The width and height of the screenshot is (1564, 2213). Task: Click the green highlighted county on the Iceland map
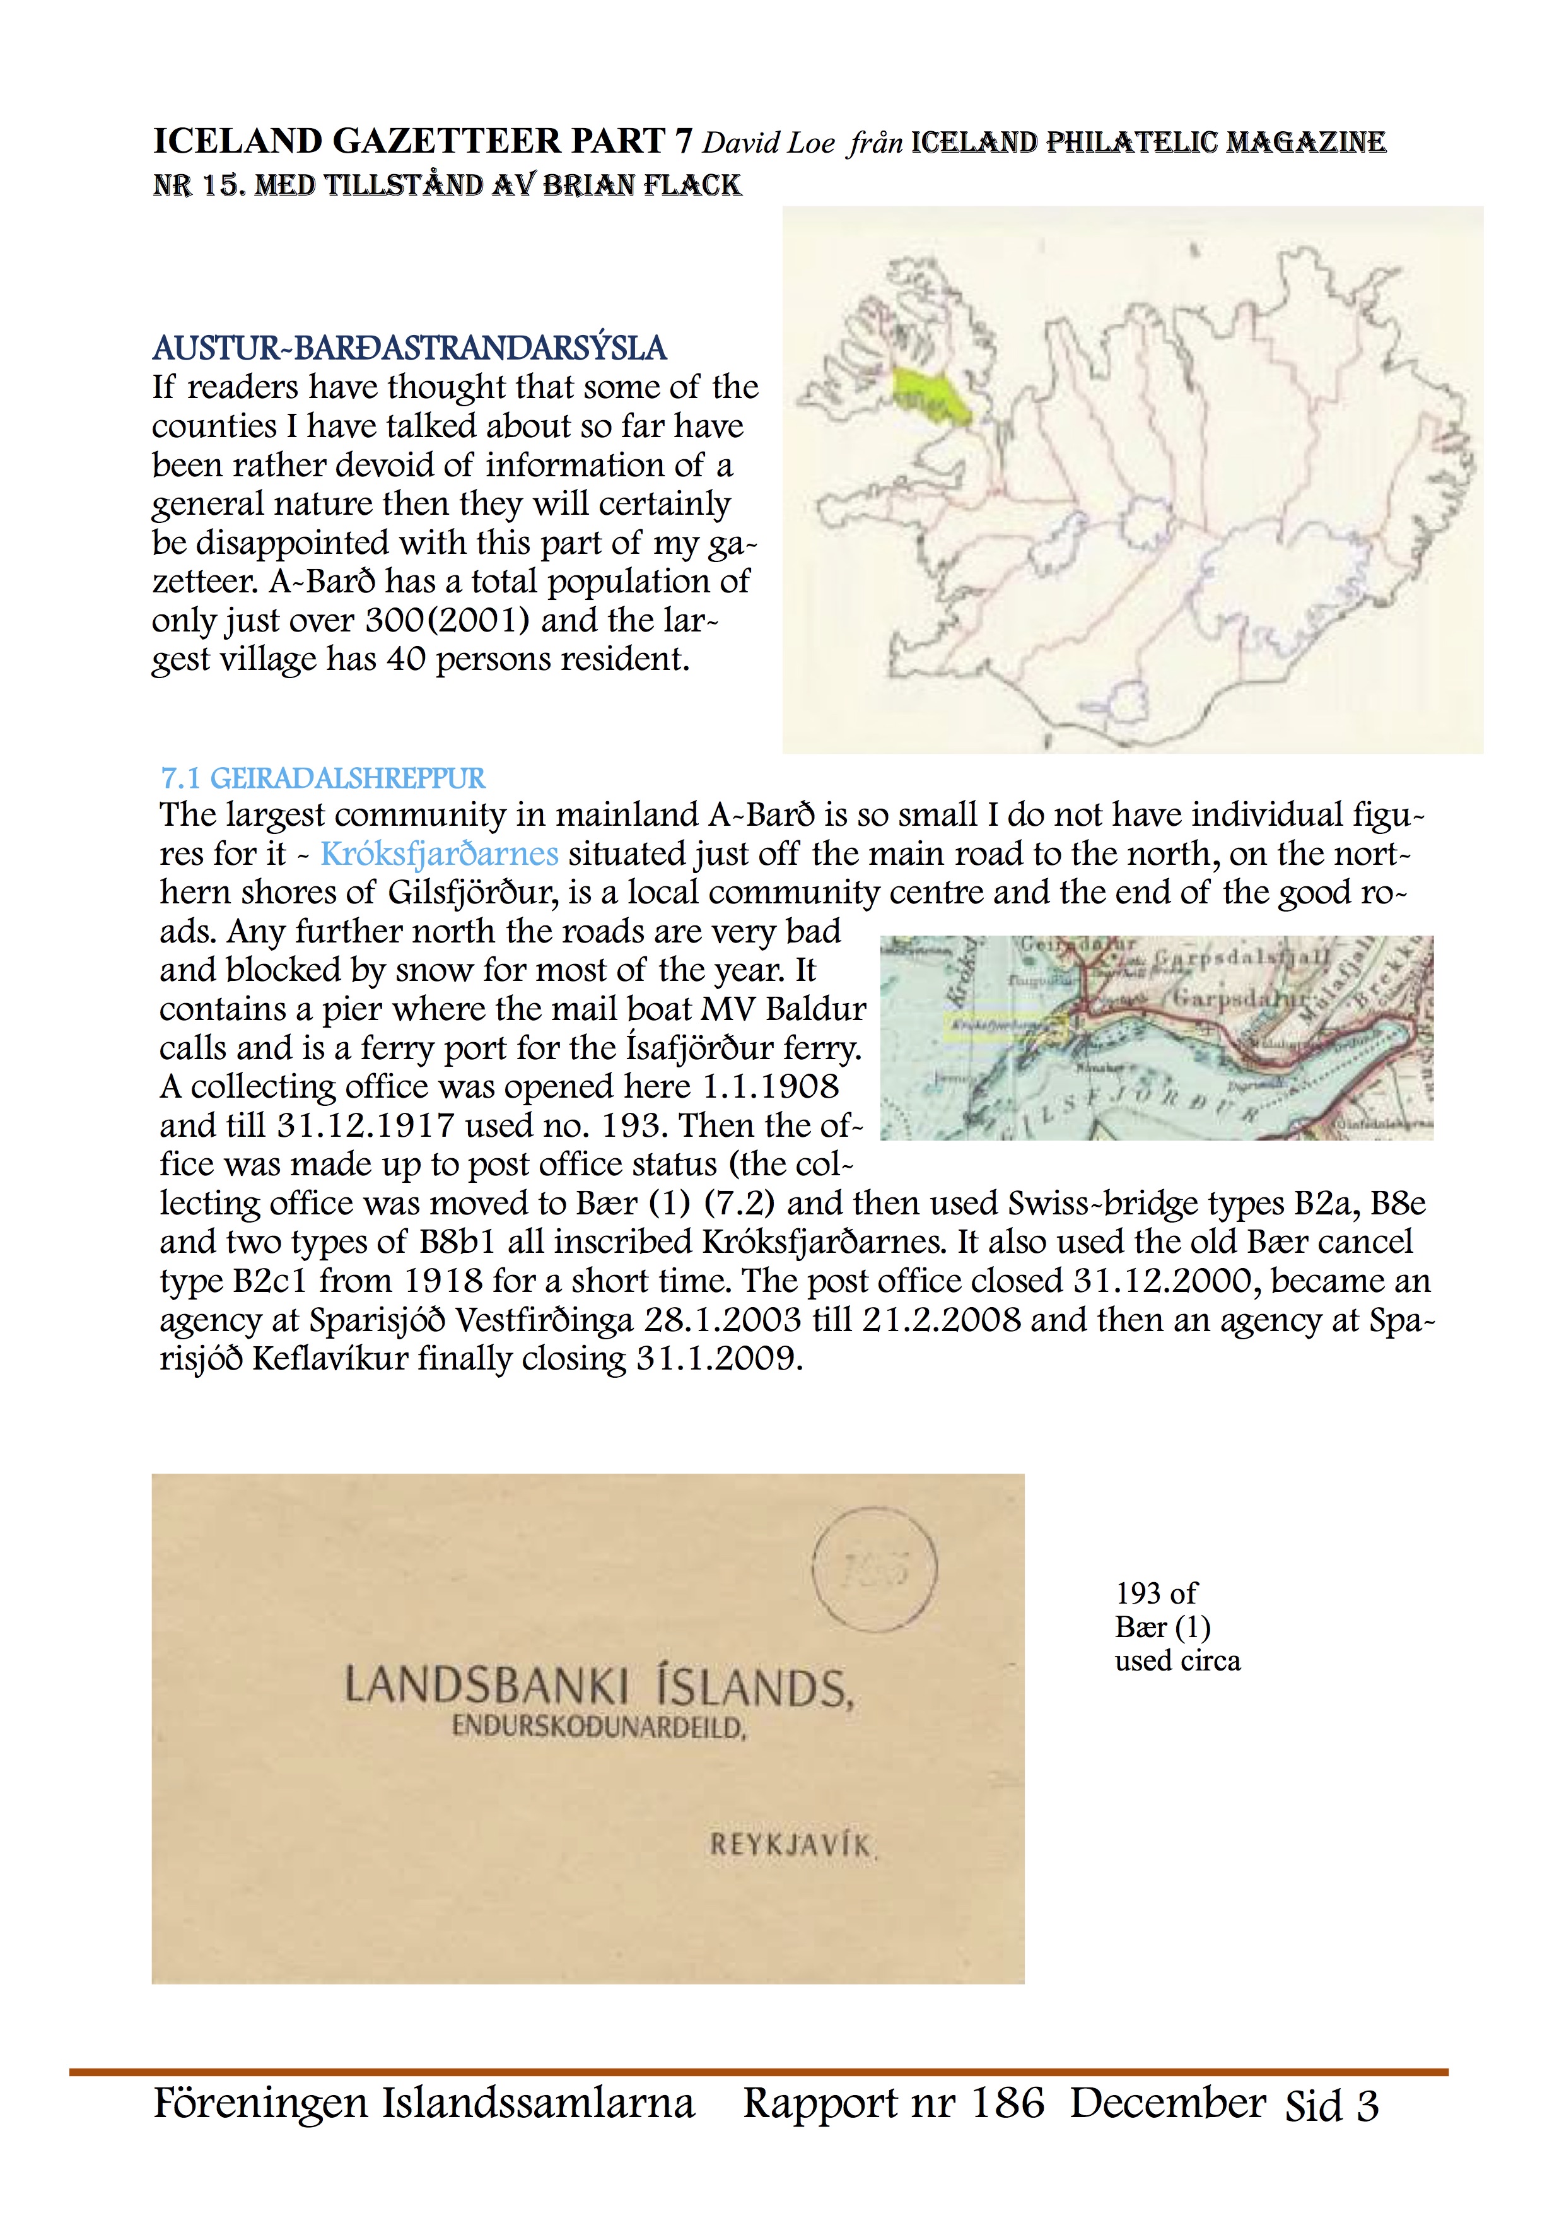click(x=930, y=395)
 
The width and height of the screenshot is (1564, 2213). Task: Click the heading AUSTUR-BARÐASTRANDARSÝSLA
click(x=409, y=348)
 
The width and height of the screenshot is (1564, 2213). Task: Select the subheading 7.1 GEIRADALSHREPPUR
click(x=323, y=778)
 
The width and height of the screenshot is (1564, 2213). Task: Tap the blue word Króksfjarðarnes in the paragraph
click(x=438, y=854)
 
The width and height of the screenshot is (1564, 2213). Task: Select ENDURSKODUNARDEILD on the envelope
click(x=599, y=1726)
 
